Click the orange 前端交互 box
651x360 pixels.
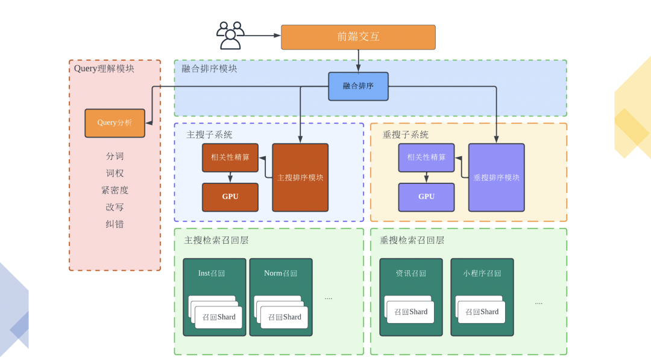(358, 37)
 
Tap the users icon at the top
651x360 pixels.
(230, 36)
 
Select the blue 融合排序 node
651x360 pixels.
(358, 86)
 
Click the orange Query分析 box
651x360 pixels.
(115, 123)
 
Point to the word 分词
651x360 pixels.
(115, 156)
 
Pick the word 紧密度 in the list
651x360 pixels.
(115, 190)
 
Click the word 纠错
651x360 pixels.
(115, 224)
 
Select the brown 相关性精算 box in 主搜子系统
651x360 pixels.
(230, 157)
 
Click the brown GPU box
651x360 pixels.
(230, 197)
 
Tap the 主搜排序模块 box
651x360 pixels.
(300, 177)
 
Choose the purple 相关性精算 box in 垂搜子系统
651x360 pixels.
(426, 157)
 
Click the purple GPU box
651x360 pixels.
(426, 197)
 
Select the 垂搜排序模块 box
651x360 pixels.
(496, 177)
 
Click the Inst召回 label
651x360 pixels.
(212, 273)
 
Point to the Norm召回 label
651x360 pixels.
(280, 273)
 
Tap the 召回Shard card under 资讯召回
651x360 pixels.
(410, 312)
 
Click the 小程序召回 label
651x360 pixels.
(482, 273)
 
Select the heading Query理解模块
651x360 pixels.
(104, 69)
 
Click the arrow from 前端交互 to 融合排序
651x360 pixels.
(359, 61)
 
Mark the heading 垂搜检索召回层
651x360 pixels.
(412, 240)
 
